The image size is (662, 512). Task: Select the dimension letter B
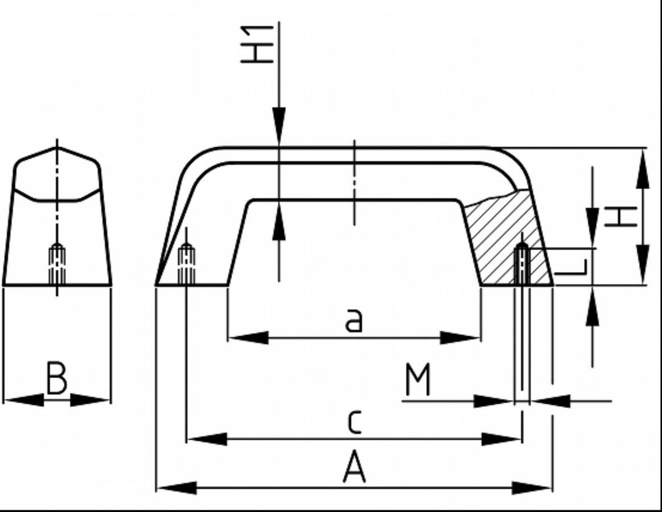pos(56,380)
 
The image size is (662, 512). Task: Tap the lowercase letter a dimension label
pos(353,321)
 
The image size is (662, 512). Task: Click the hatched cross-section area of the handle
pos(501,239)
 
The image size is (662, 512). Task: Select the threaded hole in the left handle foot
pos(187,265)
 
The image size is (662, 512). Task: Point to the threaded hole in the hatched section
pos(522,265)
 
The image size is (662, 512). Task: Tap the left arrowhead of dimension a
pos(248,338)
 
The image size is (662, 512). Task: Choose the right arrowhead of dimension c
pos(501,439)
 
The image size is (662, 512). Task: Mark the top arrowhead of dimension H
pos(643,169)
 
